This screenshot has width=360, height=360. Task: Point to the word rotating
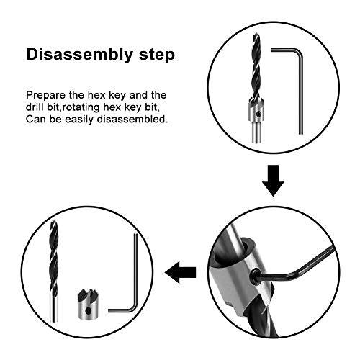pyautogui.click(x=91, y=107)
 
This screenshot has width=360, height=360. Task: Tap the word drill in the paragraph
pyautogui.click(x=38, y=107)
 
